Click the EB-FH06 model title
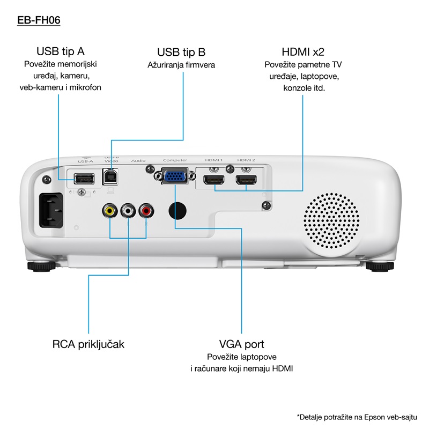39,20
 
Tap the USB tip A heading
60,51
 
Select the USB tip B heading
181,52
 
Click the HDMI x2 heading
303,51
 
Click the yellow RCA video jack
110,210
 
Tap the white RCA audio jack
128,210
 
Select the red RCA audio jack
146,210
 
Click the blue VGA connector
175,176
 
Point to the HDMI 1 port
214,180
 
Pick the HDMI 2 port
247,180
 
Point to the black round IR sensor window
179,210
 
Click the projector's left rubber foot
40,265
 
